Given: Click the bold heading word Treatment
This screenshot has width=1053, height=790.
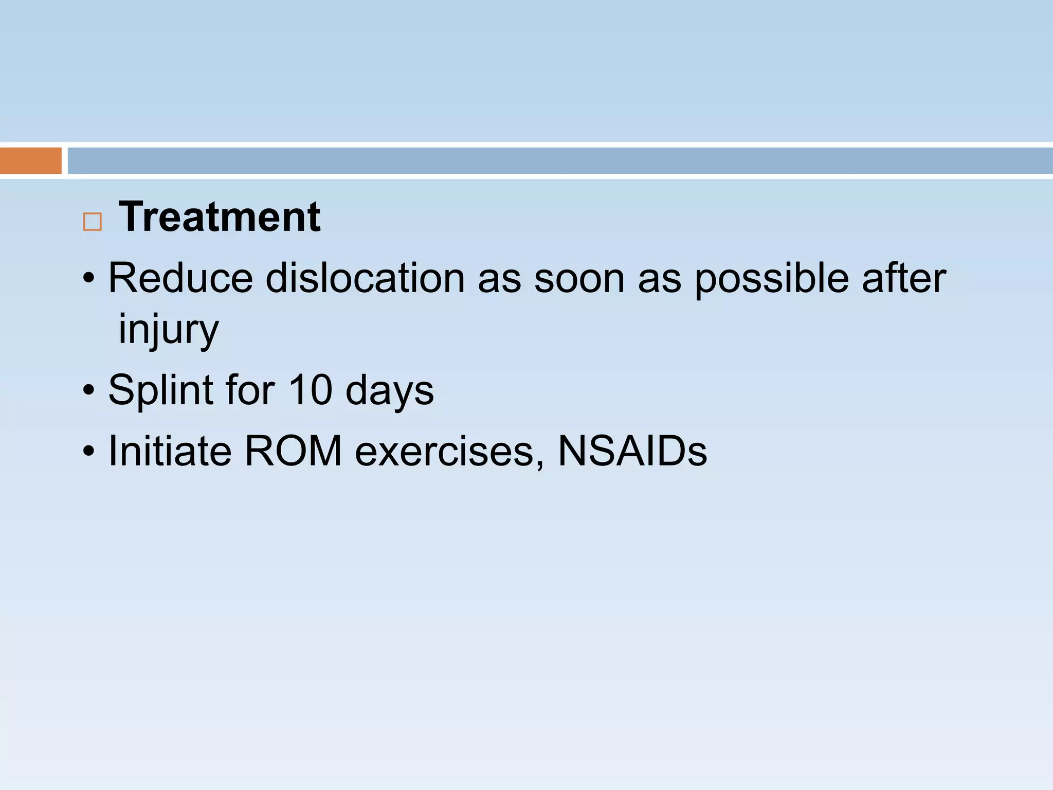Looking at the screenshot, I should click(x=220, y=217).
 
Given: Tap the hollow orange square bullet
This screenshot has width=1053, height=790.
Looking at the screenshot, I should click(x=93, y=222).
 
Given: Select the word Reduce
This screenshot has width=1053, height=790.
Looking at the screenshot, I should click(x=180, y=278).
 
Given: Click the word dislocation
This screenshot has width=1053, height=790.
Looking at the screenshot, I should click(x=365, y=278).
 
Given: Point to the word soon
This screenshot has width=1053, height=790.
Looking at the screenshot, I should click(x=579, y=279).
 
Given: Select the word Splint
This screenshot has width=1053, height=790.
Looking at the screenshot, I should click(x=160, y=390).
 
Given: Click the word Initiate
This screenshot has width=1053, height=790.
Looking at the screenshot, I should click(x=170, y=451).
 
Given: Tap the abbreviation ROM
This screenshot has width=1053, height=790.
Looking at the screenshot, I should click(x=294, y=451).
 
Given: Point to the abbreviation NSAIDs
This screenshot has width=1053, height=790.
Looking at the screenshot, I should click(x=632, y=451).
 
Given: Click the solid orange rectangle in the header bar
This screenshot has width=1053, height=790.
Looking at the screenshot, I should click(x=31, y=160).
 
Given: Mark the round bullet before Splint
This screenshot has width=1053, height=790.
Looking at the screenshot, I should click(x=89, y=390).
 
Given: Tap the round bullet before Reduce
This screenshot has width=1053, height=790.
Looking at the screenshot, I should click(x=89, y=279).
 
